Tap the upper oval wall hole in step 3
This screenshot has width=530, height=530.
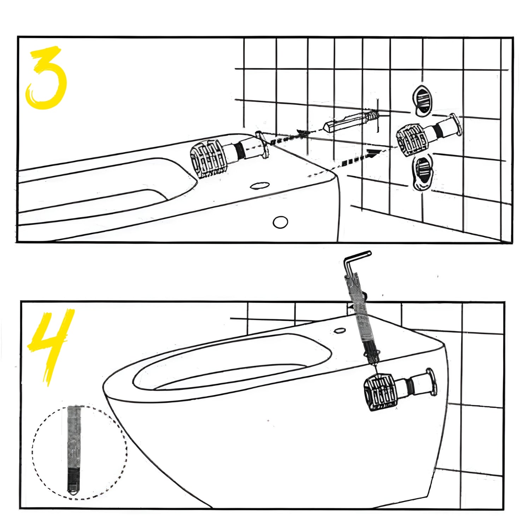422,100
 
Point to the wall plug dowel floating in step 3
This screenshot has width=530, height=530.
350,121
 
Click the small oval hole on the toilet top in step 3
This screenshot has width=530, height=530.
260,185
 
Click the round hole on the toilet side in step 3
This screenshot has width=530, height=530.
281,222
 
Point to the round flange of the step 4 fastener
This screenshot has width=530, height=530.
431,382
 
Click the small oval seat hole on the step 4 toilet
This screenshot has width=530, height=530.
340,331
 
